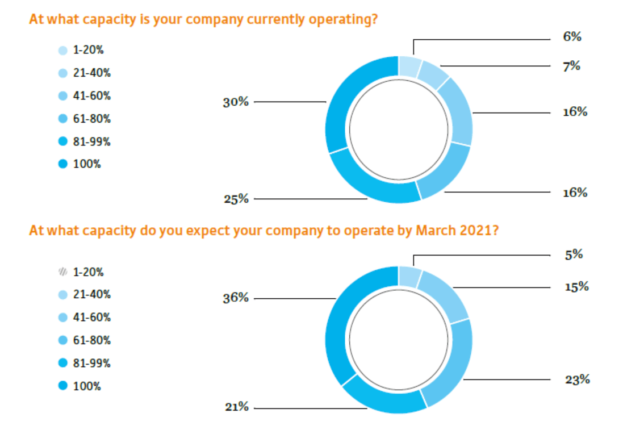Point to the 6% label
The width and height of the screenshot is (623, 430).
[x=572, y=37]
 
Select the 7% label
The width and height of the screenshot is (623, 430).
[x=572, y=66]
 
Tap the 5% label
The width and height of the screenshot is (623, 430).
[x=574, y=254]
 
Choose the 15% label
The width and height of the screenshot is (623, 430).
[x=576, y=287]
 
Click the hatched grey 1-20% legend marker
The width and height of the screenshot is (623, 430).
[x=62, y=272]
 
